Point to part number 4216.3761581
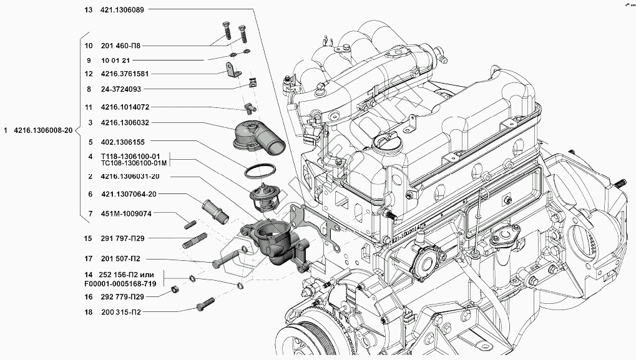tap(124, 74)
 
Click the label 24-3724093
tap(120, 89)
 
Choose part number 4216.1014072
tap(124, 107)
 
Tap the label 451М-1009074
tap(125, 213)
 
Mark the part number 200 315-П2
tap(120, 312)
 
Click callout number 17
tap(88, 258)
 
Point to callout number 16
tap(88, 296)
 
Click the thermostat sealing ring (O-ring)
tap(258, 169)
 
